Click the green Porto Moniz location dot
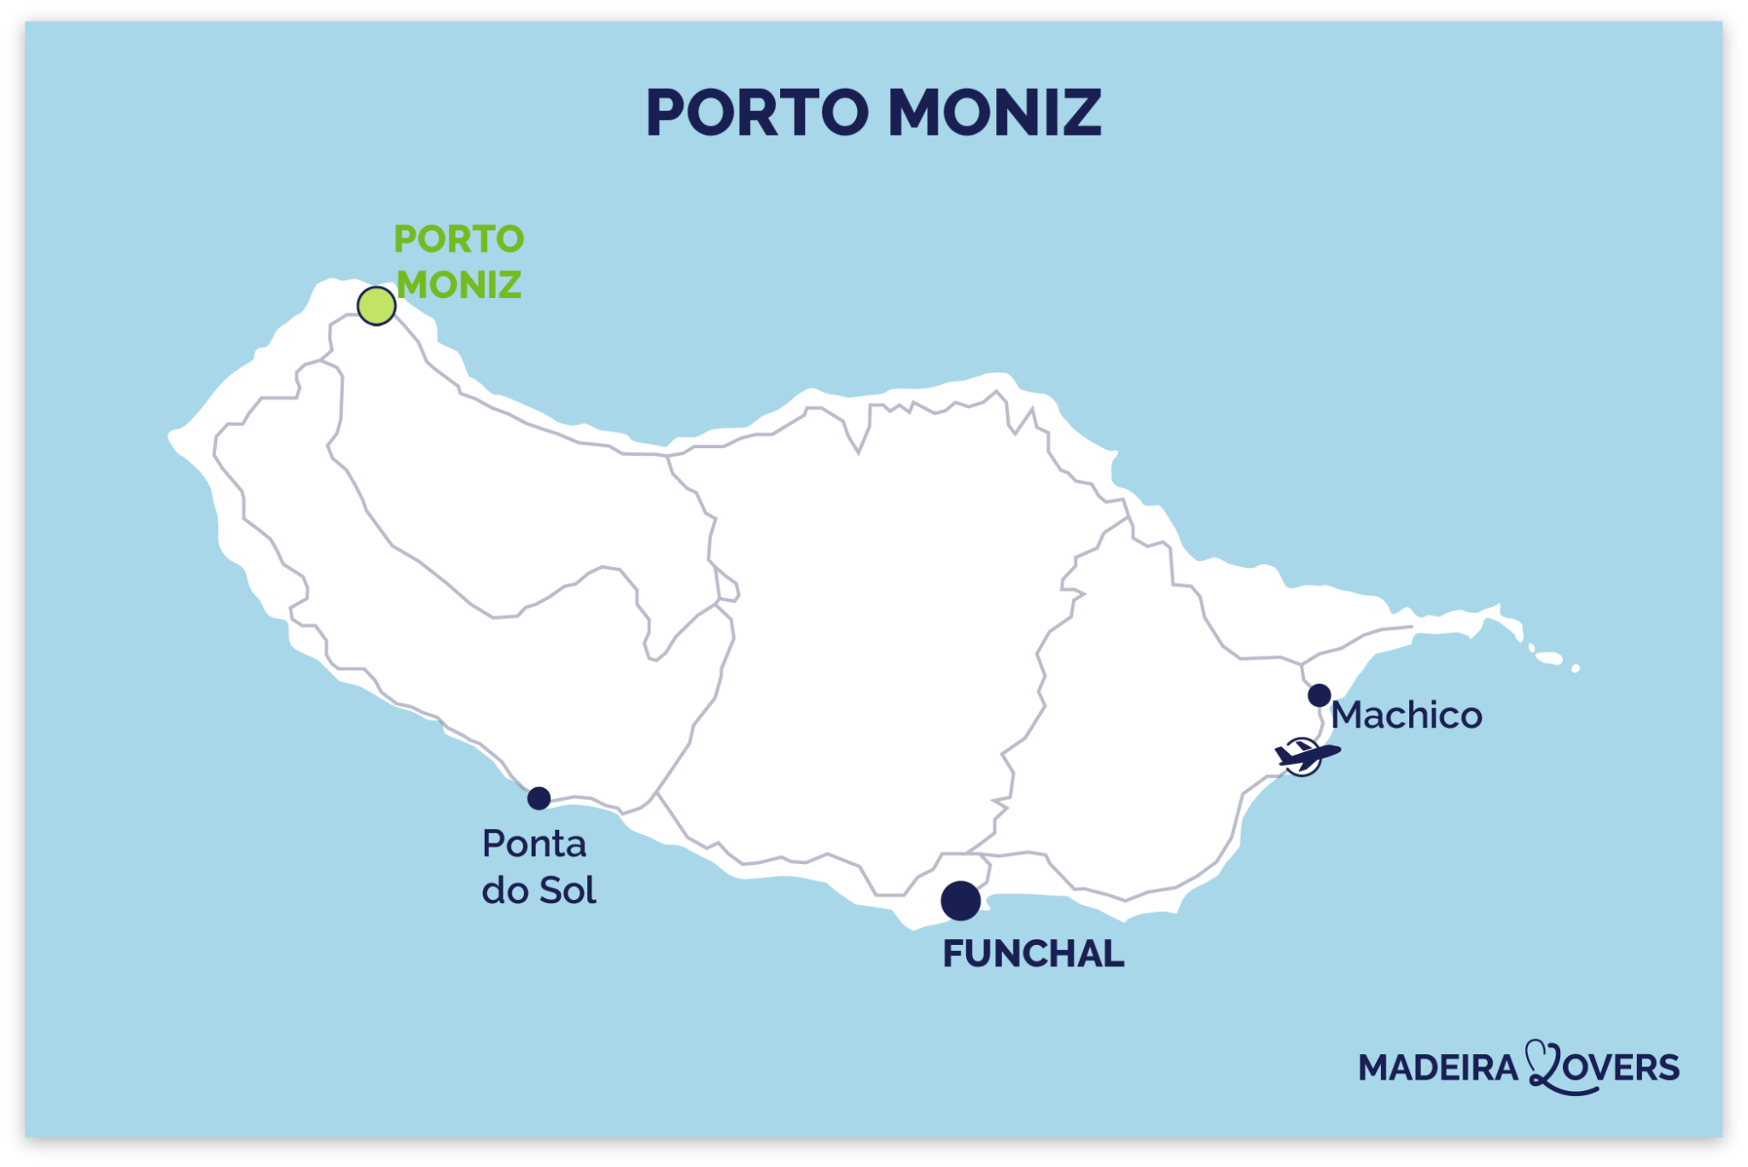coord(376,306)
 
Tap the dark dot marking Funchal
coord(960,901)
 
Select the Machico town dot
coord(1320,695)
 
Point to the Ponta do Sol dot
coord(539,798)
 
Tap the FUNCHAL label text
coord(1033,954)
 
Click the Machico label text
coord(1407,715)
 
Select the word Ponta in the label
coord(534,844)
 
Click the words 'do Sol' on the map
coord(539,890)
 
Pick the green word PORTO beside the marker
coord(459,239)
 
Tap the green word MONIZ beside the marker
coord(459,285)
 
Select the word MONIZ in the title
coord(995,113)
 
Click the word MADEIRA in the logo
coord(1438,1068)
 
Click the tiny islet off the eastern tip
coord(1575,668)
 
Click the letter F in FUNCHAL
coord(952,954)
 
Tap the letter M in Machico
coord(1348,715)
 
